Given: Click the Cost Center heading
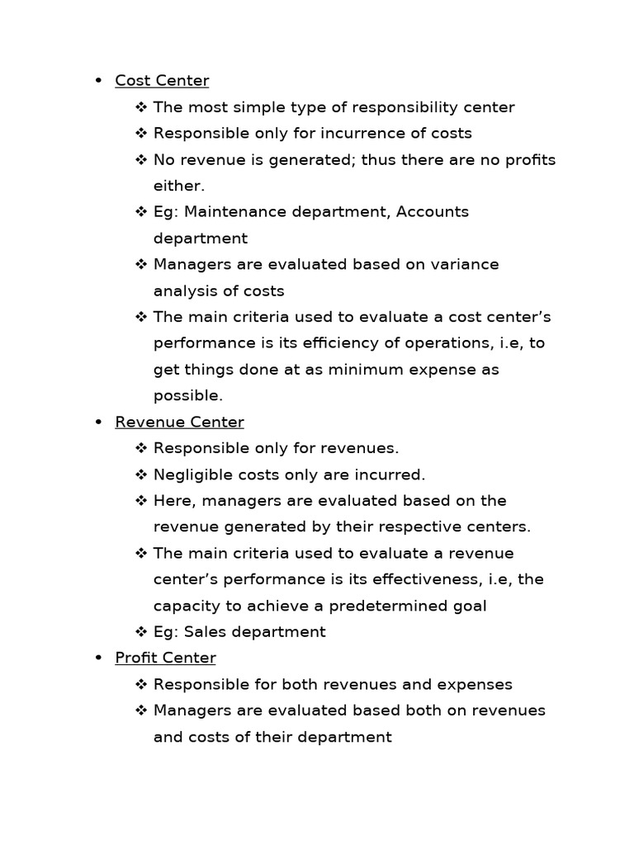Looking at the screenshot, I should pos(162,81).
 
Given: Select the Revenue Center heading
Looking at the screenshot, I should pos(179,422).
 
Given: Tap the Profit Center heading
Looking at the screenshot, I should pos(165,659).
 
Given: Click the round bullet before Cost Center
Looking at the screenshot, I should pos(98,81).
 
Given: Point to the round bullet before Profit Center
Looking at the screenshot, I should pos(98,659).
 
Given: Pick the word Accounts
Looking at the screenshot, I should pos(432,212).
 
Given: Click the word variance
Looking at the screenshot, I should pos(462,265).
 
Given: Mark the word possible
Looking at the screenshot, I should pos(188,396).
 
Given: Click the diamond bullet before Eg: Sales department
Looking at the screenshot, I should pos(140,632).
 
